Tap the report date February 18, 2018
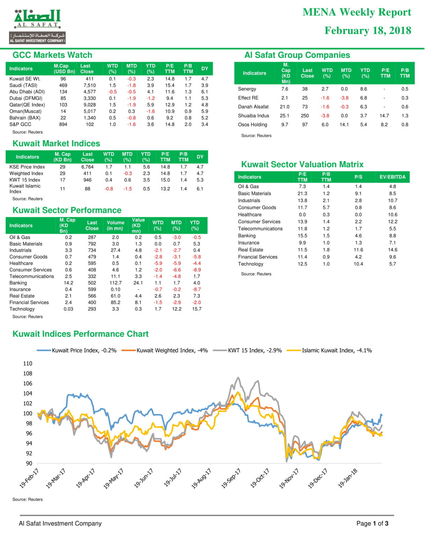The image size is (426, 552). tap(368, 30)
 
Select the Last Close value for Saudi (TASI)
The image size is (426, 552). tap(90, 85)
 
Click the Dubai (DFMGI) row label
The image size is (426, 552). tap(26, 98)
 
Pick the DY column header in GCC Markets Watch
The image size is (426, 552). tap(205, 69)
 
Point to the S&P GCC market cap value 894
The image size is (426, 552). tap(63, 124)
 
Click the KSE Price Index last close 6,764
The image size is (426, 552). tap(88, 167)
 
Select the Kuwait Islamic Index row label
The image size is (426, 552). tap(25, 189)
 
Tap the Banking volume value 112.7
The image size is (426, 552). tap(116, 283)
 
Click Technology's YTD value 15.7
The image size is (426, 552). tap(197, 309)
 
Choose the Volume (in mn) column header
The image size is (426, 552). tap(116, 225)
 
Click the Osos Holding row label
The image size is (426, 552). tap(252, 125)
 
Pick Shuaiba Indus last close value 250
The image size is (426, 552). tap(305, 116)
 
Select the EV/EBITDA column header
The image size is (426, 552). tap(392, 177)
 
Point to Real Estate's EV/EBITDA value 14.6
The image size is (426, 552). tap(392, 250)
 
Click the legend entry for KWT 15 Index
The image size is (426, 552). tap(247, 351)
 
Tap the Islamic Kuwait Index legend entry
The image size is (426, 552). tap(329, 351)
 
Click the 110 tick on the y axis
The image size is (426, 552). tap(28, 364)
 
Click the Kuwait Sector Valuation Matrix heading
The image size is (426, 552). tap(302, 164)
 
